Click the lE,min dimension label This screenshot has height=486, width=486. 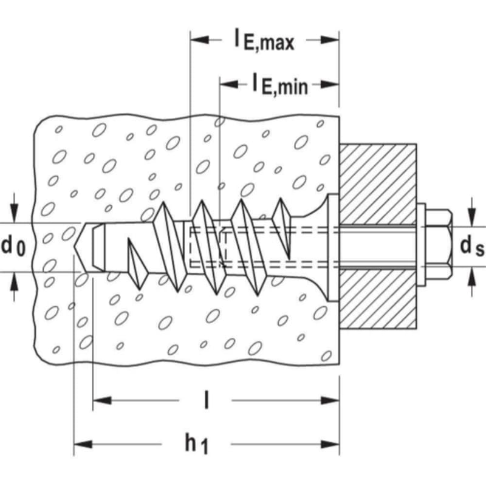coord(280,84)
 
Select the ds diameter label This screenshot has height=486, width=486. coord(472,246)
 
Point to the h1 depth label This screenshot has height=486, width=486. coord(196,445)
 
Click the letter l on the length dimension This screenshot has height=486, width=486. coord(207,400)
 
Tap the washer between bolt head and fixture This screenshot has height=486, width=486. coord(421,245)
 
